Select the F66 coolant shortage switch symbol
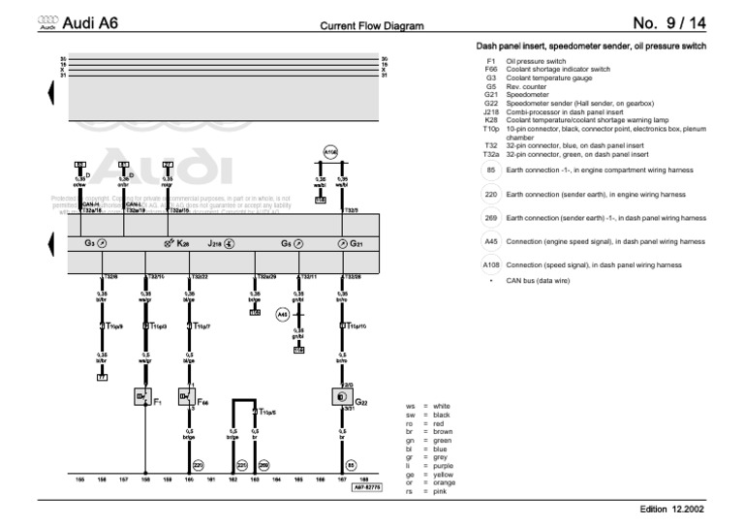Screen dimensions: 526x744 coord(187,397)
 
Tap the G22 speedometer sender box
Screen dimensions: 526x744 coord(341,397)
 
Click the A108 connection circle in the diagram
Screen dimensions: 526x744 coord(329,152)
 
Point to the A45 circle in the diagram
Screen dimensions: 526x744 coord(283,315)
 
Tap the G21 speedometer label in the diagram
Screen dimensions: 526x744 coord(356,244)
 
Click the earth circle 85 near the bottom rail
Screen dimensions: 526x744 coord(352,464)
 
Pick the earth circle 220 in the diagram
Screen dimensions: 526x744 coord(199,464)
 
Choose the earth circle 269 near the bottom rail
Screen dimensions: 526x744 coord(264,464)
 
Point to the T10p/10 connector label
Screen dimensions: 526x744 coord(355,326)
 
